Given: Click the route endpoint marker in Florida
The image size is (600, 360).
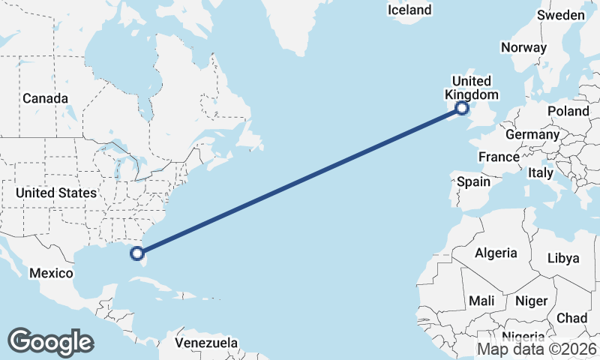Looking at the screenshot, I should (137, 253).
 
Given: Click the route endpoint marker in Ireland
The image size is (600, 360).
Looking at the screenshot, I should (462, 109).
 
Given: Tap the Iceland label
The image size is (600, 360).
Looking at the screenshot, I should (409, 10).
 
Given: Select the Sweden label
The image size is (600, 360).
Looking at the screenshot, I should (561, 15).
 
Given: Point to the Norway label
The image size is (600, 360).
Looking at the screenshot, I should (523, 47).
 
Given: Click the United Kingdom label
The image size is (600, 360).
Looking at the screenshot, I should (471, 88).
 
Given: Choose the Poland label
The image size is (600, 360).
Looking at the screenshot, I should (568, 111).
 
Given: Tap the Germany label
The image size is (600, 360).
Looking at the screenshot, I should (532, 135).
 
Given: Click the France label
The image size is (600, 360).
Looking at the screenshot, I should (499, 157).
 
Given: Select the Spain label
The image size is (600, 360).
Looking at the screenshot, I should (473, 181).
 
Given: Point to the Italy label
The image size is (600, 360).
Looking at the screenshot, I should (541, 172).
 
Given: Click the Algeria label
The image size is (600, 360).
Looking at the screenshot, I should (496, 253).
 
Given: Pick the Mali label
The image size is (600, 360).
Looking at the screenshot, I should (481, 301).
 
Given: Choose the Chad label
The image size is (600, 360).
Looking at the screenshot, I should (571, 318).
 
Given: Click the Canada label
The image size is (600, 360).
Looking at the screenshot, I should (45, 98).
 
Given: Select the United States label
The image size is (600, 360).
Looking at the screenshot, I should (56, 193).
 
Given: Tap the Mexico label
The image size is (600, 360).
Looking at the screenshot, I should (51, 273).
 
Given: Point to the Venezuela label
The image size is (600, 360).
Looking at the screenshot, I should (206, 343).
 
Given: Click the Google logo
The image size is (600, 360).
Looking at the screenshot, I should (50, 342).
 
